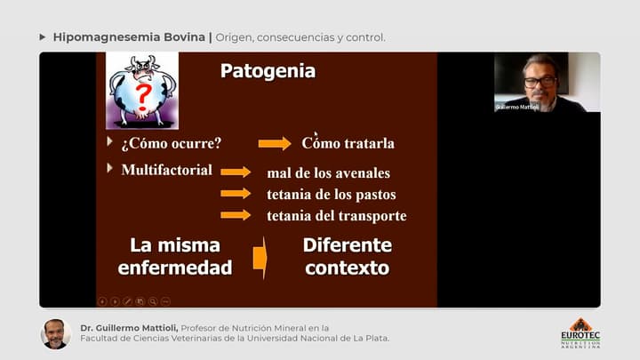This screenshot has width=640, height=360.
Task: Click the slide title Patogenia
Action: point(268,71)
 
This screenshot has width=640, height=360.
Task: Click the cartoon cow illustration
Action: point(142,90)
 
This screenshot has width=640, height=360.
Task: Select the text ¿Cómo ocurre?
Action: point(171,143)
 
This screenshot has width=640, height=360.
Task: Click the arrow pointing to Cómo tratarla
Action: point(275,143)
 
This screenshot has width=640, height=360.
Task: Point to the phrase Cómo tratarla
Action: point(348,143)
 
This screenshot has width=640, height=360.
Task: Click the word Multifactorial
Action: point(166,170)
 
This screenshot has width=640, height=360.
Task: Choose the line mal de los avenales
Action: point(328,172)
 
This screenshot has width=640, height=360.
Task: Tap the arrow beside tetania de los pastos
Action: point(236,193)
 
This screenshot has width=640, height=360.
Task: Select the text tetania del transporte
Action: point(336,215)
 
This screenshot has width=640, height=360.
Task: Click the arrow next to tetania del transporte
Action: point(236,214)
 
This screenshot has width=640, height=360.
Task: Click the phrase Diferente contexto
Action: point(347,256)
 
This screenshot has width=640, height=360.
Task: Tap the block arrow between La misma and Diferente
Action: point(260,258)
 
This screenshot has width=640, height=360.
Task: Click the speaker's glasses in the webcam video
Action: point(540,81)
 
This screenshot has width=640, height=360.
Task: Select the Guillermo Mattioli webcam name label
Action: point(517,107)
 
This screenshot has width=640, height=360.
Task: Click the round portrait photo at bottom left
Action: point(55,333)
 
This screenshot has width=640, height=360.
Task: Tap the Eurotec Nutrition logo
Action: point(580,332)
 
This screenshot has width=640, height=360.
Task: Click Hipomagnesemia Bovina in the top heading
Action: point(129,37)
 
